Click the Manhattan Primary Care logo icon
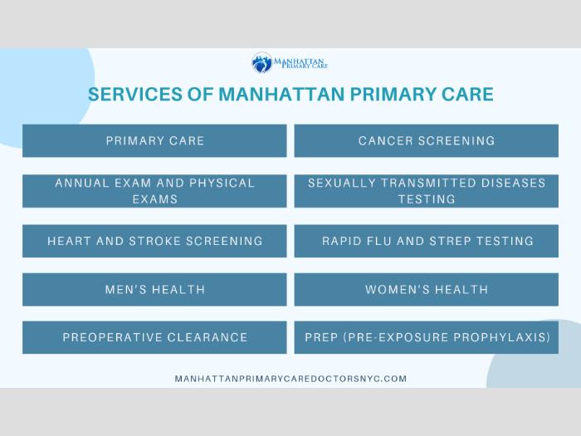click(x=262, y=62)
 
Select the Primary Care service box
click(x=154, y=140)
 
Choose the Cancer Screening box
click(x=427, y=140)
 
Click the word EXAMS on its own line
click(x=155, y=199)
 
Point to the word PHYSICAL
click(x=222, y=183)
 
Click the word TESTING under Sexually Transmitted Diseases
click(x=427, y=199)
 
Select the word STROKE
click(x=154, y=241)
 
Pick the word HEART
click(x=69, y=241)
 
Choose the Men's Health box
click(x=154, y=290)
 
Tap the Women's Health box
click(x=427, y=290)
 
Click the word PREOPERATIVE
click(x=111, y=337)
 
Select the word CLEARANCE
click(x=207, y=337)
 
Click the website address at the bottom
click(x=290, y=379)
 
